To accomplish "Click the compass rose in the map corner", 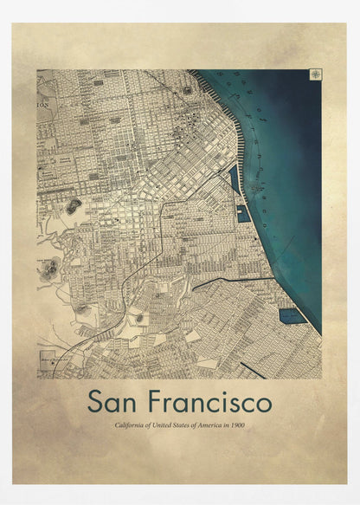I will click(x=315, y=75).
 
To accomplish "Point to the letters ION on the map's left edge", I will click(x=43, y=102).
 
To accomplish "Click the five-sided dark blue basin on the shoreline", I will click(x=292, y=316).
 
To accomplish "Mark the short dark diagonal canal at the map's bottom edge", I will click(x=252, y=370).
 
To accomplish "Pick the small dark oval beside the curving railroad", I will click(x=139, y=319).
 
